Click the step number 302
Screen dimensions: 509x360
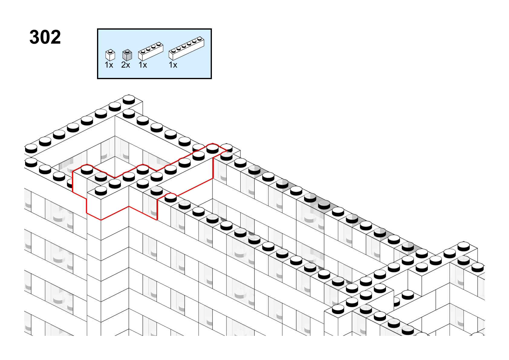click(x=45, y=37)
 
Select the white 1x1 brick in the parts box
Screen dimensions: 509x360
click(x=110, y=55)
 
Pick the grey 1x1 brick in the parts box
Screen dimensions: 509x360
click(x=127, y=55)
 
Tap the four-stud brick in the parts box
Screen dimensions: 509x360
click(x=151, y=51)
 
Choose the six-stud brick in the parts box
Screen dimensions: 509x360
click(x=186, y=48)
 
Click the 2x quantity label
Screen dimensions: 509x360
click(x=126, y=65)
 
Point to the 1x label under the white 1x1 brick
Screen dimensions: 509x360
click(x=109, y=65)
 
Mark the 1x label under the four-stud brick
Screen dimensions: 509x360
click(x=143, y=65)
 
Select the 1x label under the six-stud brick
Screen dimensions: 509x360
click(x=173, y=65)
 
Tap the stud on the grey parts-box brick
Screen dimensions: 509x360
click(x=127, y=51)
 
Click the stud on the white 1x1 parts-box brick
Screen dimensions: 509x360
click(x=110, y=51)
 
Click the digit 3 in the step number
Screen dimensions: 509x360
click(x=34, y=37)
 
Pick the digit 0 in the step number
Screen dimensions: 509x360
click(x=45, y=37)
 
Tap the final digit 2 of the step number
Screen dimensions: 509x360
click(x=56, y=37)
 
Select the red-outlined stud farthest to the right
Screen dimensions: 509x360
click(x=212, y=149)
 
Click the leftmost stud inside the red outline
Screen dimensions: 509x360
click(x=87, y=169)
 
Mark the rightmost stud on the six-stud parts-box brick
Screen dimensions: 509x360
click(x=199, y=39)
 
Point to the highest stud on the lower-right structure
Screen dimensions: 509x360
click(x=464, y=246)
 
